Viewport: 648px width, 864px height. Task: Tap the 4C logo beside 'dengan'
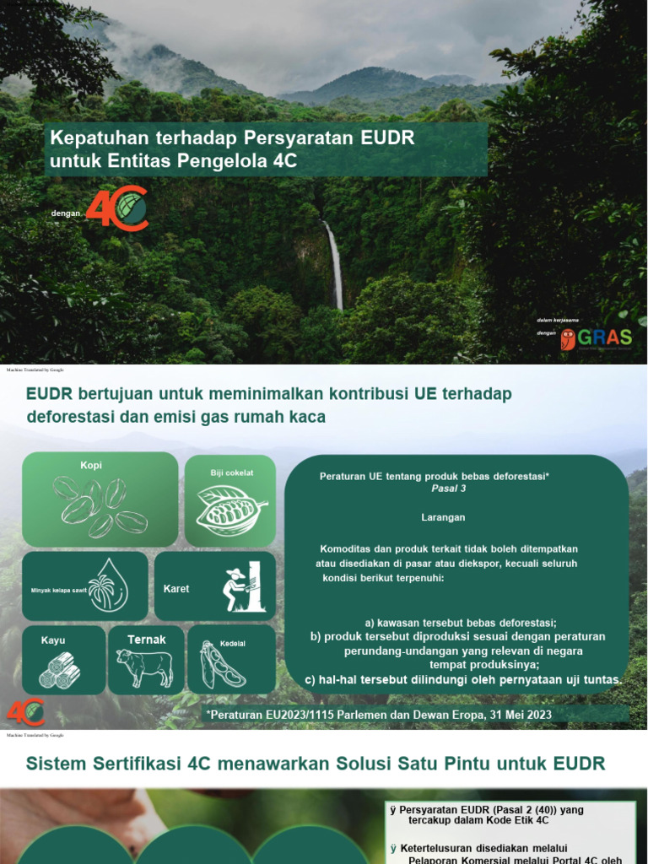(x=117, y=208)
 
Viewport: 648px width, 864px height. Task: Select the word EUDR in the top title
(x=385, y=137)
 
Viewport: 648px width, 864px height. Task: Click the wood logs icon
(x=60, y=671)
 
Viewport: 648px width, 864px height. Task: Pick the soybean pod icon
(x=222, y=666)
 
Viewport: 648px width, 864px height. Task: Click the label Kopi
(x=91, y=466)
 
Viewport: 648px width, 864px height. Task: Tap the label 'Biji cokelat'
(x=232, y=472)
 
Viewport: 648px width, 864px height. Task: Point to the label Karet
(x=176, y=588)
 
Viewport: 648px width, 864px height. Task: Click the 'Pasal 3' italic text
(x=449, y=489)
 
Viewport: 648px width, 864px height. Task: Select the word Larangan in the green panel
(x=443, y=516)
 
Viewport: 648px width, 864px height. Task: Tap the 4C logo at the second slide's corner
(x=25, y=711)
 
